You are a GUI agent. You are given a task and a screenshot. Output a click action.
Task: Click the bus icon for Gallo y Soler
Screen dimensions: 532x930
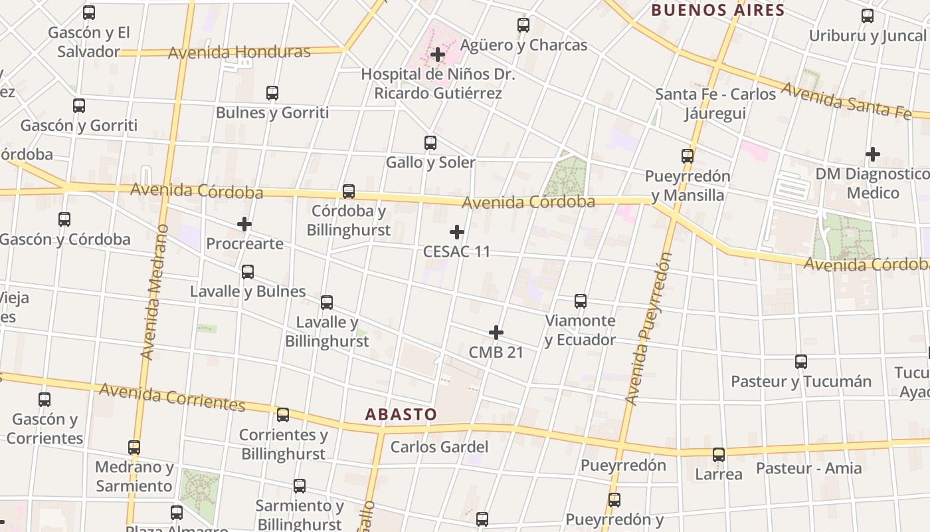coord(430,142)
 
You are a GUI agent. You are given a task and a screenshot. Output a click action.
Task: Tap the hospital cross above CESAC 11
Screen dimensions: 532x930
coord(457,232)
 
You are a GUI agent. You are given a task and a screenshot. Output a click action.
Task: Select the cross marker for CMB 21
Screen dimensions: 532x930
coord(496,332)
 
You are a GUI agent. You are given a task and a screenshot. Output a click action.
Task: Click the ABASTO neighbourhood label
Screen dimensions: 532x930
coord(401,414)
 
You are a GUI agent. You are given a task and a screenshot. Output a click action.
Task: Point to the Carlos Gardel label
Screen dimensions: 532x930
coord(439,447)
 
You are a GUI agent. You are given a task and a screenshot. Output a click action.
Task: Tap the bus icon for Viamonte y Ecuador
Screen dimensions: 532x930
coord(581,301)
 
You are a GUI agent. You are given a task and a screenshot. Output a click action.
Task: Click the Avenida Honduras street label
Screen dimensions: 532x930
coord(239,52)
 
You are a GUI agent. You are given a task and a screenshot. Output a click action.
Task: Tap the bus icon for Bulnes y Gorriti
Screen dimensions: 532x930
coord(272,93)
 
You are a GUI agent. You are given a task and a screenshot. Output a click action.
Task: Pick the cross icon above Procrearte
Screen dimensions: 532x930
coord(244,224)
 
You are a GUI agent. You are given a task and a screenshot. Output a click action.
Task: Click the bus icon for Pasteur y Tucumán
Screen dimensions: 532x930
coord(801,362)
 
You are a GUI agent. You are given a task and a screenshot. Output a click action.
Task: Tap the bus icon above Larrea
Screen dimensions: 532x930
coord(719,455)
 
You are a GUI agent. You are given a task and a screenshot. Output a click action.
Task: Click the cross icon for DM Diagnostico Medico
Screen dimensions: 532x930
coord(873,154)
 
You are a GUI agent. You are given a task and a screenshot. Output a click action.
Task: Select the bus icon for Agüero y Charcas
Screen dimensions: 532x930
coord(523,25)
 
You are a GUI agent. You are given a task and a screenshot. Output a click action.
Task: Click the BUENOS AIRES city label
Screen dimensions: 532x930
coord(718,10)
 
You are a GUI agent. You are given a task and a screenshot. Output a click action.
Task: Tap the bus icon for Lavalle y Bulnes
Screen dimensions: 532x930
coord(248,271)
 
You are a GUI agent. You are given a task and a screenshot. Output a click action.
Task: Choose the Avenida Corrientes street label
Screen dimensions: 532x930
coord(172,396)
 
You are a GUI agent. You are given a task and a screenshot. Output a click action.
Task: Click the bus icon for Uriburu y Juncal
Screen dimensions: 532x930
coord(868,16)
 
